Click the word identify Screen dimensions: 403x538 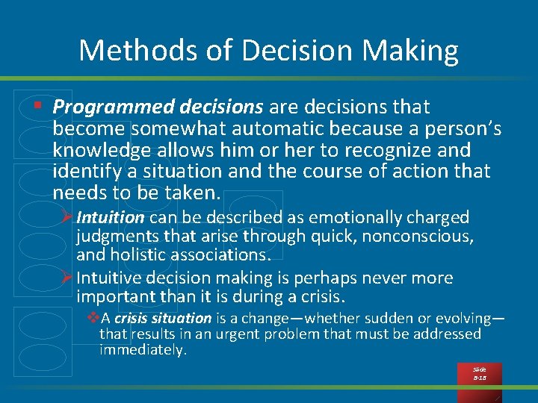[x=81, y=172]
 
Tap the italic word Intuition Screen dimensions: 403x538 [x=110, y=218]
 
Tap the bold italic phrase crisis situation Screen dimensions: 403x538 [x=163, y=319]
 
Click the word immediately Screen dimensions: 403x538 [x=142, y=349]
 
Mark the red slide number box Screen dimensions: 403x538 [x=479, y=373]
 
